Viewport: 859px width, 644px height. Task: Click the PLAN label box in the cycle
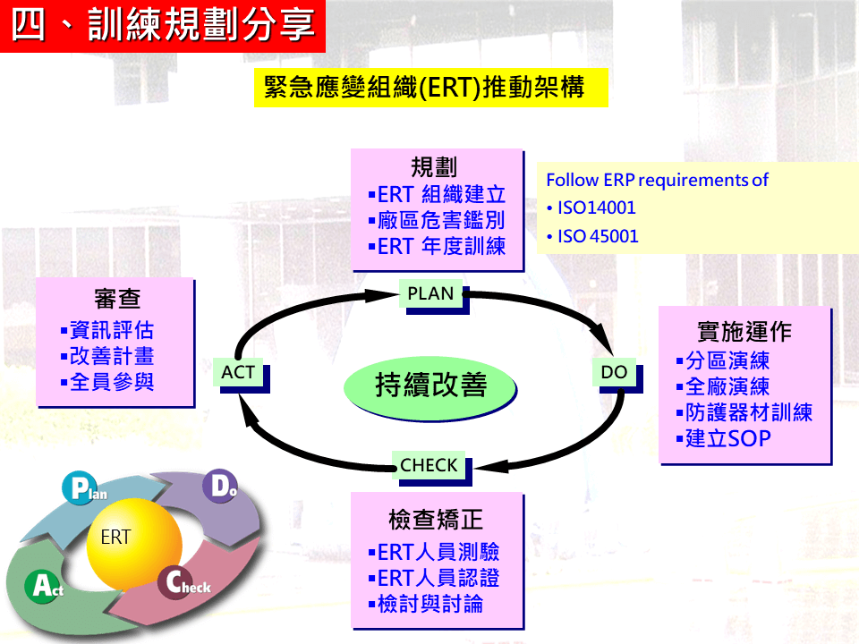pos(430,294)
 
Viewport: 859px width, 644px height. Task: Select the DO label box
pos(614,372)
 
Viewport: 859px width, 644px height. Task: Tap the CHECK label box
pos(429,465)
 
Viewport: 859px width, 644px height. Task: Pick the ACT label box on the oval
pos(238,372)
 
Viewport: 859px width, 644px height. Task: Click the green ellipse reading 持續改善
pos(430,386)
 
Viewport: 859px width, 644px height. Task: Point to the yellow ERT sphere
pos(134,543)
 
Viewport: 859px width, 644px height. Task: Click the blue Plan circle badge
pos(80,488)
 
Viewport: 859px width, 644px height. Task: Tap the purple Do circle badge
pos(220,486)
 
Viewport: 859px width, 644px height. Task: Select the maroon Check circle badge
pos(175,582)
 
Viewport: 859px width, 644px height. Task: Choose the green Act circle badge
pos(42,586)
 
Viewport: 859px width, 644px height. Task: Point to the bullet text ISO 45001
pos(598,236)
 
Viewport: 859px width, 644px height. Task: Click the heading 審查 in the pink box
pos(116,299)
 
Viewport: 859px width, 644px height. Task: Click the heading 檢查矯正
pos(436,520)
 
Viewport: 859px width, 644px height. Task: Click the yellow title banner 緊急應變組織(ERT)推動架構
pos(431,88)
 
